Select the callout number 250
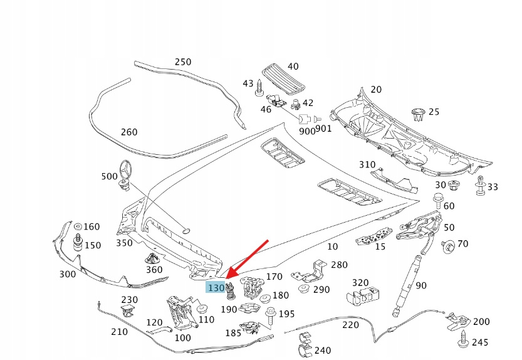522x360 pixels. [x=182, y=62]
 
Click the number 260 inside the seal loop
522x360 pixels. [x=128, y=132]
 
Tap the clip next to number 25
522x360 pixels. [x=419, y=114]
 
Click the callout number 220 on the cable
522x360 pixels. [x=350, y=325]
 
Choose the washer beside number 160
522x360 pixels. [x=78, y=226]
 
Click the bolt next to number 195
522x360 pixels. [x=270, y=315]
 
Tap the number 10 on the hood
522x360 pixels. [x=333, y=247]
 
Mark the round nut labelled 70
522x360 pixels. [x=448, y=245]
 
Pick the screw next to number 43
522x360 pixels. [x=258, y=92]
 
